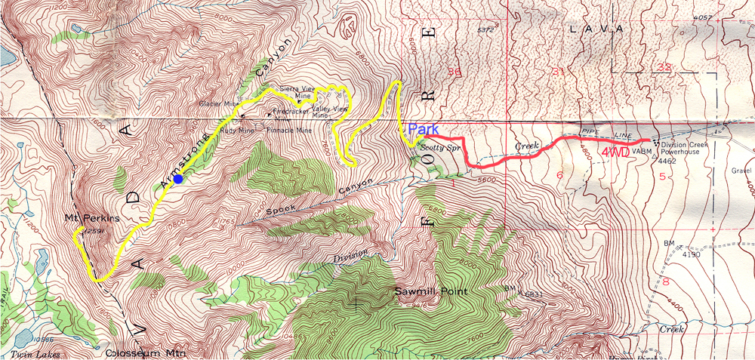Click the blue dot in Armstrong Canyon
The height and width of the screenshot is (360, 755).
[177, 179]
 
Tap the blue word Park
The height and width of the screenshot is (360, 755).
[423, 129]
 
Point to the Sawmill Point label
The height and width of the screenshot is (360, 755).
[431, 291]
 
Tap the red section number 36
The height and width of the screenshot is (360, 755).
[454, 72]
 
